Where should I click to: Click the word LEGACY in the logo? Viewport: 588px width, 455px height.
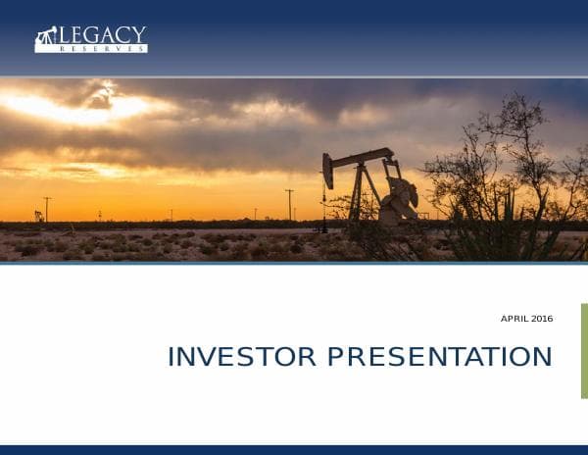103,34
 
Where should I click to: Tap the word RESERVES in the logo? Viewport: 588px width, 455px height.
103,48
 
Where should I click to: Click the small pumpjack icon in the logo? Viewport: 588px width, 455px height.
46,39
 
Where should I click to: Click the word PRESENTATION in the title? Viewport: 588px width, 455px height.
440,357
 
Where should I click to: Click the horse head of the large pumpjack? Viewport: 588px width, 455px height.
328,171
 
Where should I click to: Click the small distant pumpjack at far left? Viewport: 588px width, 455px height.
38,216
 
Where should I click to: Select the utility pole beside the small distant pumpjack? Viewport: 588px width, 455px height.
47,209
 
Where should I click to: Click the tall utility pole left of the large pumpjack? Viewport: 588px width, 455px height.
289,203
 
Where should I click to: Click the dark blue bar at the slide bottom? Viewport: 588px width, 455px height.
294,450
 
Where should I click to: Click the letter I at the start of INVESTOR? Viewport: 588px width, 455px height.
171,357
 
